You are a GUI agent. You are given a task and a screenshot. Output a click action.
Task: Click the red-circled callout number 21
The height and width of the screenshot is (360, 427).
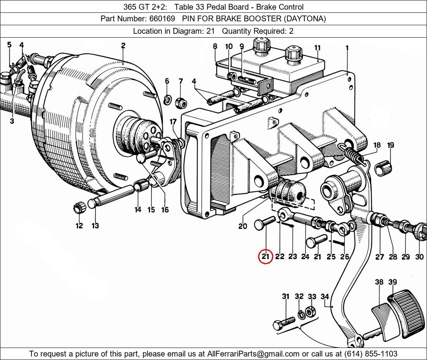tap(266, 256)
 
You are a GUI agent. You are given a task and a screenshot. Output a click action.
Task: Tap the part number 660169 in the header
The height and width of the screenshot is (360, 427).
tap(162, 19)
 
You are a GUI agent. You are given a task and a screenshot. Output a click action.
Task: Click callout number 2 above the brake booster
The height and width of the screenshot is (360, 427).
tap(123, 46)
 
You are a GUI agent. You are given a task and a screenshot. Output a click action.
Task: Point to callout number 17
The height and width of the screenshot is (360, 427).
tap(173, 122)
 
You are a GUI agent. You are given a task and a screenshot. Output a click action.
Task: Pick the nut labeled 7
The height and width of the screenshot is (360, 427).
tap(181, 103)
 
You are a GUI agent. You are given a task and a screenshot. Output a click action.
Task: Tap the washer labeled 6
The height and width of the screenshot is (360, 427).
tap(167, 100)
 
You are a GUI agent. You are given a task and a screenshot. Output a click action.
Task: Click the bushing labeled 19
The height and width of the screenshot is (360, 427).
tap(384, 168)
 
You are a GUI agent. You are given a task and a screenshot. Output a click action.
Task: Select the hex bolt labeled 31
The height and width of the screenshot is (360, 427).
tap(284, 324)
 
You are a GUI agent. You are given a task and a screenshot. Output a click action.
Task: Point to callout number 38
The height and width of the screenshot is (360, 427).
tap(379, 282)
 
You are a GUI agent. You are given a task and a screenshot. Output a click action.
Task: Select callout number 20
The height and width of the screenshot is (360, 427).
tap(243, 226)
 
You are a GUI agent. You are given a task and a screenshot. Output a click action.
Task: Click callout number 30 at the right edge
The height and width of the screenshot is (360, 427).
tap(419, 256)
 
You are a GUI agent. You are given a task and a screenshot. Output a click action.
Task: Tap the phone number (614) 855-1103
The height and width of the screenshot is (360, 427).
tap(371, 354)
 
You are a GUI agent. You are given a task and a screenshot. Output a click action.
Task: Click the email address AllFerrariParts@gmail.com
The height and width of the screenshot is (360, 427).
tap(253, 354)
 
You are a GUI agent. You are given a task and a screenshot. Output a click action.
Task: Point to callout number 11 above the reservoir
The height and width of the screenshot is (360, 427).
tap(318, 48)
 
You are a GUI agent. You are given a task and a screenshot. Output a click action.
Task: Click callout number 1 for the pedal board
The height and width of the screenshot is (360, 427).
tap(347, 48)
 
